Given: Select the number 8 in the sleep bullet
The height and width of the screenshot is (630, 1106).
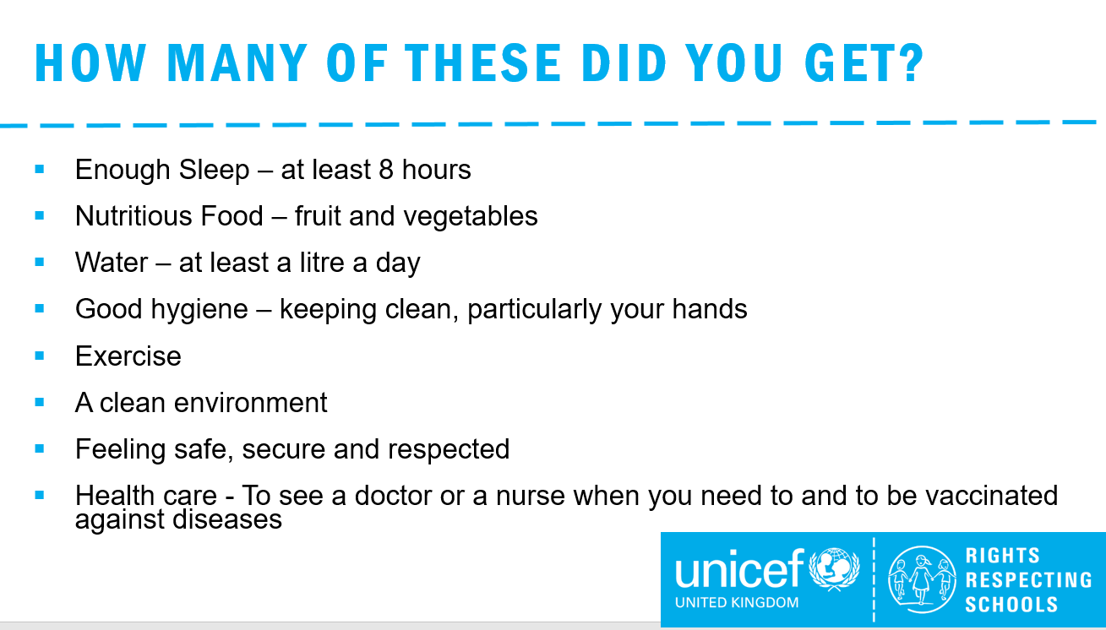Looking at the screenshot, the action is (386, 169).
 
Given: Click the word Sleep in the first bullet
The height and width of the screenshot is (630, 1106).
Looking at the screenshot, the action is (214, 171).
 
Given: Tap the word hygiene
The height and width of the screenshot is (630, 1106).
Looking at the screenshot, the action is (199, 310).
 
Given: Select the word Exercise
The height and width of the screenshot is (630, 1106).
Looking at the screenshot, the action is (128, 356).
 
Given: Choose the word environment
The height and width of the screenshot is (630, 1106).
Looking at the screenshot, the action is (250, 403).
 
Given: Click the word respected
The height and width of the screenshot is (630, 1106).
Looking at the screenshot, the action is (449, 450).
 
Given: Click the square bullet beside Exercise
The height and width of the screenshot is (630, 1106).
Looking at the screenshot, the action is (40, 356).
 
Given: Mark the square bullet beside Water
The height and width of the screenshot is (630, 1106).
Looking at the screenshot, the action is (40, 262).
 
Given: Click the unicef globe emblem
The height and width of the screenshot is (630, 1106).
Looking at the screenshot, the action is (834, 569).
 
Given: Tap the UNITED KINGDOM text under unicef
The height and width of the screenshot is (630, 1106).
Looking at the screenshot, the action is (737, 602).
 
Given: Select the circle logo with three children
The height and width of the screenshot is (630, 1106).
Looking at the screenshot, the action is (921, 579).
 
